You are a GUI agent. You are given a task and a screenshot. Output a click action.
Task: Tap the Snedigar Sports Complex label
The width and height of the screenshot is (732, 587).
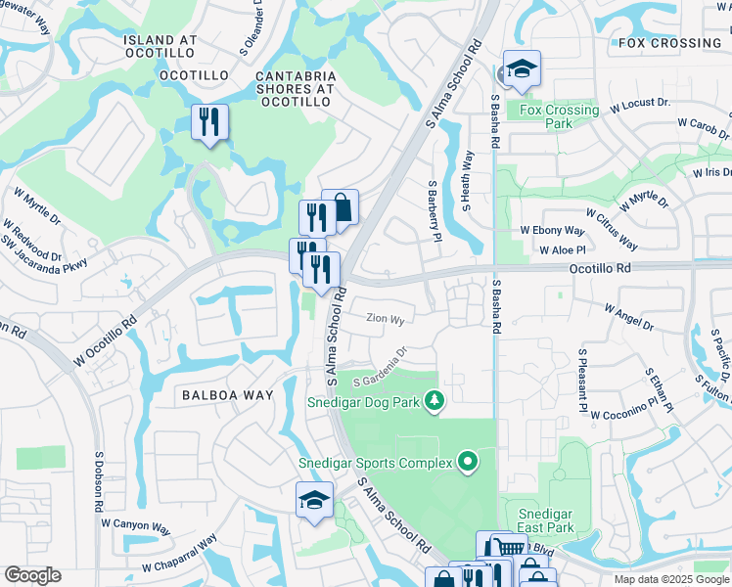(375, 463)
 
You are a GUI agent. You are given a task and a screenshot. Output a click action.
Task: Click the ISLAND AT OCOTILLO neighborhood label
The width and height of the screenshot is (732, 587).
(160, 41)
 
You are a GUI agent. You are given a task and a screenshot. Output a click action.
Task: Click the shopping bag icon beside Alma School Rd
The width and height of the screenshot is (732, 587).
(340, 207)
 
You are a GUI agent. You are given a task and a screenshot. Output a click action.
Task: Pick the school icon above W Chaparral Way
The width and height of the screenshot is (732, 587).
(315, 500)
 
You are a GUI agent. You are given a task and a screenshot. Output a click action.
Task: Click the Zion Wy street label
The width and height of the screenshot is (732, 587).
(385, 318)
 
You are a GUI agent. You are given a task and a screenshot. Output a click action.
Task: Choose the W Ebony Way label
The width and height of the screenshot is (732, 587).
(551, 231)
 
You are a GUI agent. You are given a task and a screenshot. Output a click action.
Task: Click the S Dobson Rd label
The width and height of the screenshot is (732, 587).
(99, 481)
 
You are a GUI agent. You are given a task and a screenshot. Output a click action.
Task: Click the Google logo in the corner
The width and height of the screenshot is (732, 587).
(32, 575)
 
